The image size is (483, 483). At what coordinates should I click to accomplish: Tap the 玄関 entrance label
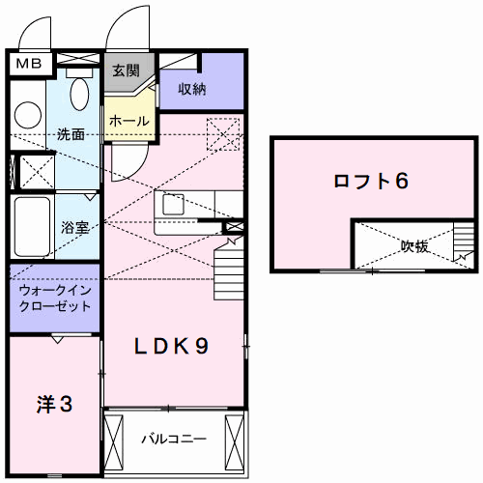click(x=126, y=71)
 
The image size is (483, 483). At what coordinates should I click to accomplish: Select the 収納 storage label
click(x=192, y=89)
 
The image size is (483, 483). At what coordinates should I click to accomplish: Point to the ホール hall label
click(x=129, y=121)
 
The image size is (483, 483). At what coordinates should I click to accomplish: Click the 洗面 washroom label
click(x=70, y=134)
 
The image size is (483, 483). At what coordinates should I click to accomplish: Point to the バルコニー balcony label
click(x=174, y=439)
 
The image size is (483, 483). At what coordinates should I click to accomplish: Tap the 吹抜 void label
click(x=415, y=246)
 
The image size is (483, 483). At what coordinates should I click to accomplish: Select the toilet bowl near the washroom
click(x=79, y=94)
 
